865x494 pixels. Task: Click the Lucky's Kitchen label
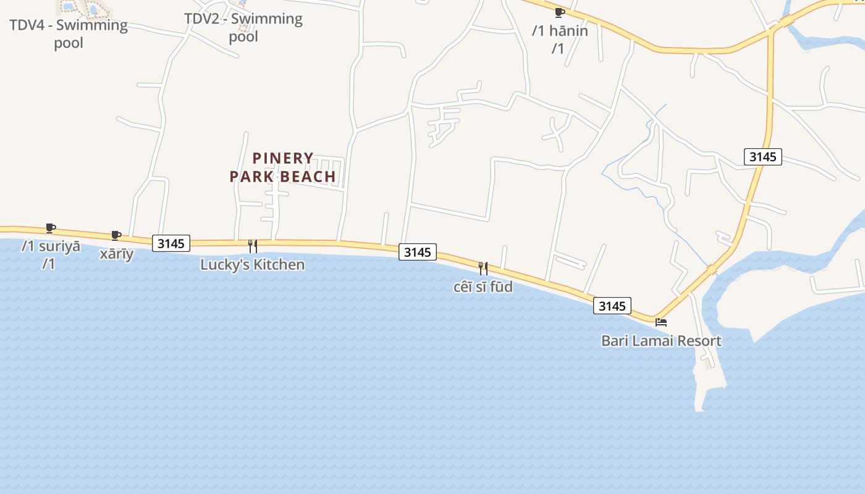[x=252, y=265]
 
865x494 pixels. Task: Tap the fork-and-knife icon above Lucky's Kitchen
[x=252, y=246]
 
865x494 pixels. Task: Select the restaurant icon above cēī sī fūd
[x=483, y=268]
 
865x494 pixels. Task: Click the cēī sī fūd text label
[x=483, y=287]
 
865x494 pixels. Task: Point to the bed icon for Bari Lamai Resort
[x=661, y=322]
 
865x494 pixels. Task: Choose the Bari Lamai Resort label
[x=661, y=341]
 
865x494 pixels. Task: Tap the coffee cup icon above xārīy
[x=116, y=235]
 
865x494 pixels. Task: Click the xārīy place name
[x=117, y=254]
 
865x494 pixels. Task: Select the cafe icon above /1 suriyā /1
[x=51, y=228]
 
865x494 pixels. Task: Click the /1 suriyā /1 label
[x=51, y=254]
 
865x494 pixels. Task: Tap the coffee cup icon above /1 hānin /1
[x=559, y=12]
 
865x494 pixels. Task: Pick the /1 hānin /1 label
[x=559, y=39]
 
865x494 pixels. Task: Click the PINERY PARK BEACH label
[x=282, y=167]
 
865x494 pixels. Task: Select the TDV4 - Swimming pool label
[x=68, y=34]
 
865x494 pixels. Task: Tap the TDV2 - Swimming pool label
[x=243, y=27]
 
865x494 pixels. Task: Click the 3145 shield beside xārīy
[x=171, y=243]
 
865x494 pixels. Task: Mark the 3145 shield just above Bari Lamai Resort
[x=612, y=306]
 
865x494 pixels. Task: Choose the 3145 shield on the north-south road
[x=762, y=157]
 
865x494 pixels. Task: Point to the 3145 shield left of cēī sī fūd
[x=417, y=252]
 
